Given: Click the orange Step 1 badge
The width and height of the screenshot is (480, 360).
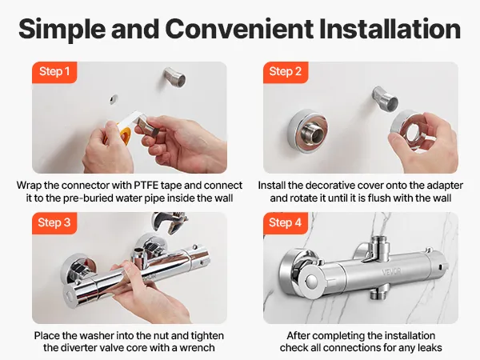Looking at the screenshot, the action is pos(54,72).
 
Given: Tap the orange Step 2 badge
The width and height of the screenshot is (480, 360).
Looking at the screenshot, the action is pos(286,72).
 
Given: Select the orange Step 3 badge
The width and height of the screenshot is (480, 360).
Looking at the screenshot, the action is pos(54,223).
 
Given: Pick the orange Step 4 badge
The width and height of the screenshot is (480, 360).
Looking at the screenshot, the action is pos(286,223).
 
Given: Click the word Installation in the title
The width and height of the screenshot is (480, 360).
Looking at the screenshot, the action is pos(390,29).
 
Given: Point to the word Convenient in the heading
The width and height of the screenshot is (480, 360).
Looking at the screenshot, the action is pos(239,29).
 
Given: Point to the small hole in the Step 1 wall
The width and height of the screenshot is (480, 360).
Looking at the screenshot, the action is pos(114,99).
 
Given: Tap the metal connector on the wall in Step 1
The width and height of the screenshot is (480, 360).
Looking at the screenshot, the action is pos(174,77).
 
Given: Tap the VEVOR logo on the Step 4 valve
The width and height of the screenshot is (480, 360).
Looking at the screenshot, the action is pos(391,272).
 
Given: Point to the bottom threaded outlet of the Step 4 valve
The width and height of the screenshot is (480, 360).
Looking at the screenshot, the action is pos(378,291).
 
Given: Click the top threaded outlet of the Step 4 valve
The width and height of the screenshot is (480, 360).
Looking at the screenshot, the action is pos(380,244).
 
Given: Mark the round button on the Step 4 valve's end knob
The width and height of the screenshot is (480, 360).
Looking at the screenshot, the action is pos(311,281).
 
